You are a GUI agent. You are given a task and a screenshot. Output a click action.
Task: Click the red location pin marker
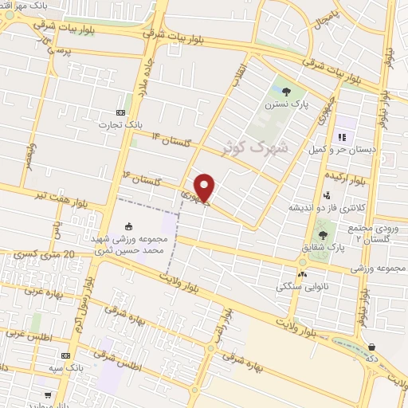pyautogui.click(x=205, y=188)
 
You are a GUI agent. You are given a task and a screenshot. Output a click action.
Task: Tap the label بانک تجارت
pyautogui.click(x=120, y=125)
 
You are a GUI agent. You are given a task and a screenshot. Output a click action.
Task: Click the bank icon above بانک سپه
pyautogui.click(x=65, y=355)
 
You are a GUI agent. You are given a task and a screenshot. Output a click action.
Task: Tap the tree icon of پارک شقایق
pyautogui.click(x=323, y=234)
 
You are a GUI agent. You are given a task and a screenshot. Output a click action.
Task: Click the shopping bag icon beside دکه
pyautogui.click(x=373, y=347)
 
